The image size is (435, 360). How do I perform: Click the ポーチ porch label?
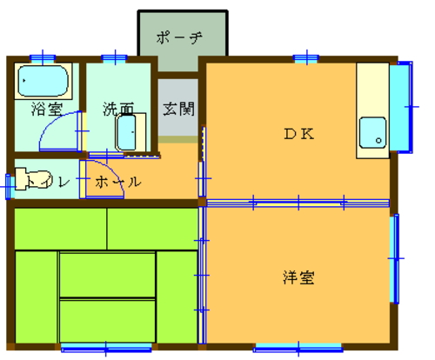tap(179, 37)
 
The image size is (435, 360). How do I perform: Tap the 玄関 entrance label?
tap(178, 109)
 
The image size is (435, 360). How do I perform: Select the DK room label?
tap(298, 134)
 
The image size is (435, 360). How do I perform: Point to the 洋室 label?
tap(298, 277)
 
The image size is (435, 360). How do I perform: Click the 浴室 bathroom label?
tap(47, 109)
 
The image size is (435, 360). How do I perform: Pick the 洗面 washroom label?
tap(118, 109)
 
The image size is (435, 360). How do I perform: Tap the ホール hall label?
tap(118, 182)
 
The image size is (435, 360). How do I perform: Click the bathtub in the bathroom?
tap(43, 81)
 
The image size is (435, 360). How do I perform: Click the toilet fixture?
tap(33, 180)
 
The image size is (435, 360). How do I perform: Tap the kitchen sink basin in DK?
tap(372, 133)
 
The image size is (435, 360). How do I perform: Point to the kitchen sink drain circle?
tap(378, 141)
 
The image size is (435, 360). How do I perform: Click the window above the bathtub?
tap(43, 58)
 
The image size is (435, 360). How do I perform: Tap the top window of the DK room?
tap(306, 58)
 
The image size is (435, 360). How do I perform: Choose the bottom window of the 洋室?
tap(298, 348)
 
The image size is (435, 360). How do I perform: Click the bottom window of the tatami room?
tap(106, 348)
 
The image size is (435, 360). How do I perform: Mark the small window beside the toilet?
tap(9, 187)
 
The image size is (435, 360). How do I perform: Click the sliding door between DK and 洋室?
tap(298, 203)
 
